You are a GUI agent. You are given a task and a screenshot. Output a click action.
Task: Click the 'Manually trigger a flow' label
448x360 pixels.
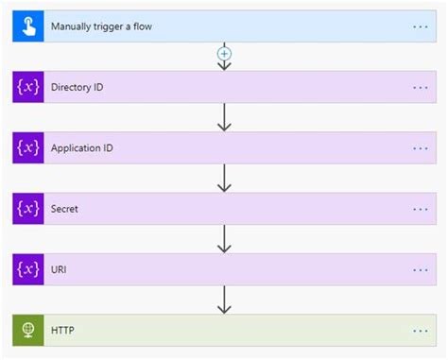(x=101, y=26)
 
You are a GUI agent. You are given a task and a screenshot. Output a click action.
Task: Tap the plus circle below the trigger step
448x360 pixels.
(x=224, y=54)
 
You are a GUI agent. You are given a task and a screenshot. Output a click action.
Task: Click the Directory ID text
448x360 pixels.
(x=78, y=87)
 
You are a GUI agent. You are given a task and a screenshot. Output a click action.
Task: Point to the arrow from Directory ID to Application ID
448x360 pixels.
(x=224, y=117)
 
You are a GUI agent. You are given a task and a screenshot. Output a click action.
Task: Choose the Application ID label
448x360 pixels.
(x=82, y=148)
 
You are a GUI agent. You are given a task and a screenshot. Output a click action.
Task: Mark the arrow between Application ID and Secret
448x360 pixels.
(x=224, y=178)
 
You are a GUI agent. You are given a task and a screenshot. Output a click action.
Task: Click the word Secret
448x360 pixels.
(x=64, y=209)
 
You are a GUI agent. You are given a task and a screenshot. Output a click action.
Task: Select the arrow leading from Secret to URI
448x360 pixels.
(x=224, y=239)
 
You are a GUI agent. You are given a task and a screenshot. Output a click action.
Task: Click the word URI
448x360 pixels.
(x=60, y=269)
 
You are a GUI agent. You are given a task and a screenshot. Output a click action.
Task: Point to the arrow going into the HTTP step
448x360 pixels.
(x=224, y=300)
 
